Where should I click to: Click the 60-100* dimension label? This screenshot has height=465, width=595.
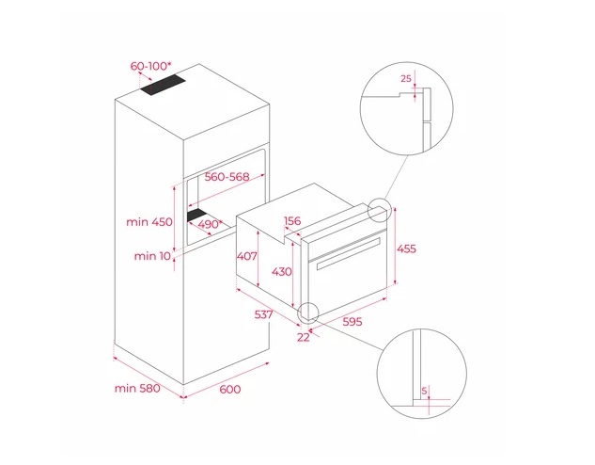click(150, 66)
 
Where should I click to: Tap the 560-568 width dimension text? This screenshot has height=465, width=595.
click(227, 177)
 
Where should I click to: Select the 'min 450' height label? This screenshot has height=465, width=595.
click(149, 222)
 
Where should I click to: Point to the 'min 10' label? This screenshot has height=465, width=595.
click(152, 256)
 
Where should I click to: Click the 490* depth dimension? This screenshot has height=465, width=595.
click(211, 224)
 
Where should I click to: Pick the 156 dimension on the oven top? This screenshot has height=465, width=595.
click(292, 220)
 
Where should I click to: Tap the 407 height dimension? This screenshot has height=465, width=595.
click(247, 256)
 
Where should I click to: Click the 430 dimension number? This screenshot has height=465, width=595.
click(282, 272)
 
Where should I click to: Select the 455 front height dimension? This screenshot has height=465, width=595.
click(406, 249)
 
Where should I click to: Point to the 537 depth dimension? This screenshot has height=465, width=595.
click(263, 314)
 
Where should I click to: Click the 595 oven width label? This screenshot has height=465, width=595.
click(352, 321)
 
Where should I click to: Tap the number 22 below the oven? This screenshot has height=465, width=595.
click(304, 337)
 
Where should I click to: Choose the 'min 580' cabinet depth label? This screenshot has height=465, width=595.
click(137, 388)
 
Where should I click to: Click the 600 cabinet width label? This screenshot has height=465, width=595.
click(230, 389)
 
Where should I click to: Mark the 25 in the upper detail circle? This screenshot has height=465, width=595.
click(406, 79)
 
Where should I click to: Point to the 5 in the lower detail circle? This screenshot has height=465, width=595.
click(424, 390)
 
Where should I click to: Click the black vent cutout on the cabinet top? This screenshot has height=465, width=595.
click(164, 86)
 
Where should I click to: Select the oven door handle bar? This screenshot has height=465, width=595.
click(349, 253)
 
